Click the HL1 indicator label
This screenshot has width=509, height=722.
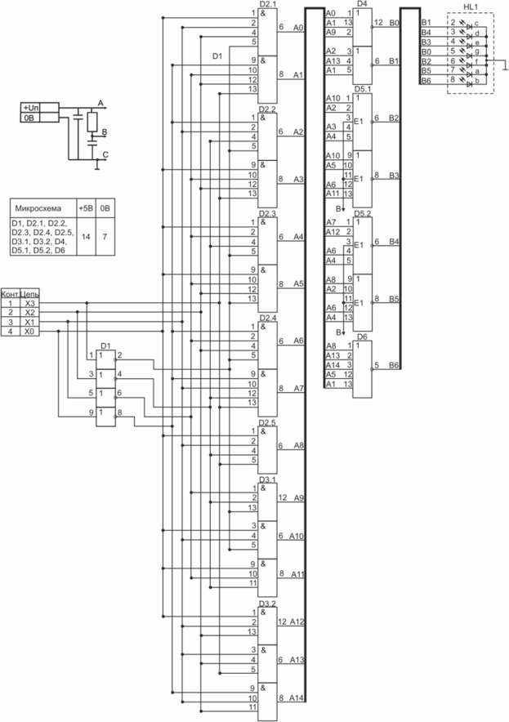(x=470, y=7)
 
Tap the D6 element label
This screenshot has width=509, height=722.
(x=363, y=336)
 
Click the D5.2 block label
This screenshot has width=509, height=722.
(x=363, y=214)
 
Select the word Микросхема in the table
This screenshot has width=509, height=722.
(x=41, y=207)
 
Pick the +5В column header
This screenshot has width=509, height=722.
(x=85, y=207)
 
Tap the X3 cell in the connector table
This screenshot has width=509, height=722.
(x=30, y=303)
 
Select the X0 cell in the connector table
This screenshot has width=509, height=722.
(x=30, y=332)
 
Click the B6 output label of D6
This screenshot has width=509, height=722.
(x=395, y=364)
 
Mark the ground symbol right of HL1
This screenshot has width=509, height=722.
(x=504, y=71)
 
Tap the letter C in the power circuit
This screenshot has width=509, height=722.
(x=105, y=154)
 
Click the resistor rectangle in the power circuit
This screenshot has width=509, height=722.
(x=92, y=123)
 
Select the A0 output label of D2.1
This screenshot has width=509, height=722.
(x=297, y=27)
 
